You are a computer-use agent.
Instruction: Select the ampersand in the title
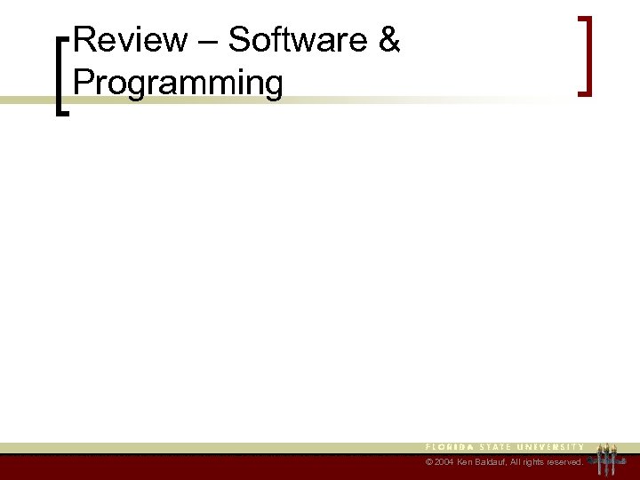point(389,40)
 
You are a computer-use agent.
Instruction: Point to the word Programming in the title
point(179,83)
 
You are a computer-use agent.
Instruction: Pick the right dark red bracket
point(584,55)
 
